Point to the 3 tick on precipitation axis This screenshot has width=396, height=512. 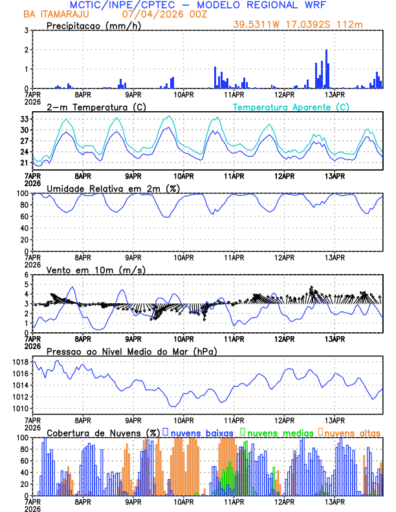coord(27,30)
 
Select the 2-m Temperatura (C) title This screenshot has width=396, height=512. coord(92,107)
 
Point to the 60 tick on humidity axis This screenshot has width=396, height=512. coord(25,217)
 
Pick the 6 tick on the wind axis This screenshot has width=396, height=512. coord(27,275)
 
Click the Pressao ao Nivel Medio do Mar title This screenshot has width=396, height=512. coord(131,351)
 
